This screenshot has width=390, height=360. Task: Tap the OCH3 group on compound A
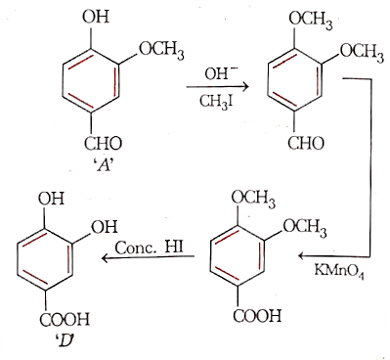tap(161, 52)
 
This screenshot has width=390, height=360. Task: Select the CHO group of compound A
tap(103, 144)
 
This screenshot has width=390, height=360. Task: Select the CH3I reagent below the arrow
tap(217, 102)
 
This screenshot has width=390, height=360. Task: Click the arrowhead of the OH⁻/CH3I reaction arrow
tap(245, 86)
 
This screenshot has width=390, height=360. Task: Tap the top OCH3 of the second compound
tap(311, 22)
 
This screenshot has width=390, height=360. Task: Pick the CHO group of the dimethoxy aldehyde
tap(306, 143)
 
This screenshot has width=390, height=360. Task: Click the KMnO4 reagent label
tap(339, 270)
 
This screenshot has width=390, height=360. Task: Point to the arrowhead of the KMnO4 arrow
tap(303, 256)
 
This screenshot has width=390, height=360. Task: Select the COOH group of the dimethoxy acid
tap(257, 316)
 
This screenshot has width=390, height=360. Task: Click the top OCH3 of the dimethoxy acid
tap(253, 199)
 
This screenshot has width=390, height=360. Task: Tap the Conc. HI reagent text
tap(149, 247)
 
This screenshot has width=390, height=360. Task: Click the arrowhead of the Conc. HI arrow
tap(107, 258)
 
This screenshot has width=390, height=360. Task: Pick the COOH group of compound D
tap(65, 319)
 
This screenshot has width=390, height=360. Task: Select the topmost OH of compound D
tap(51, 199)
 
